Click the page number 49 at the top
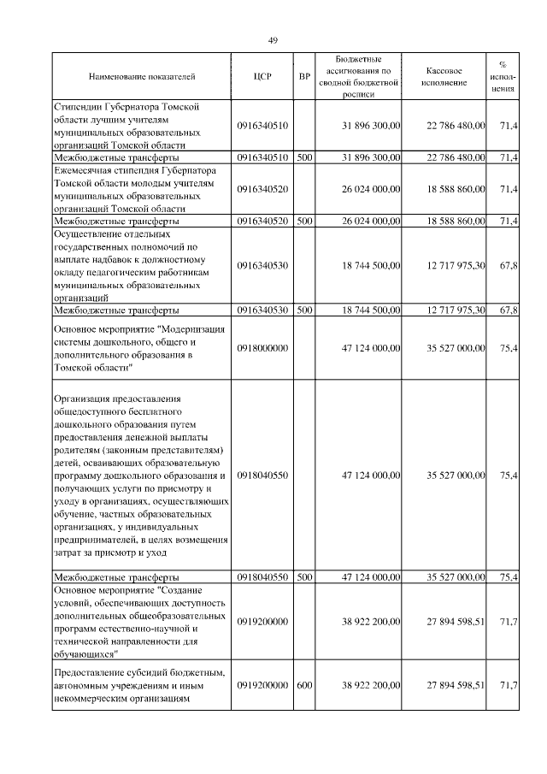[273, 40]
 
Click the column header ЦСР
[262, 76]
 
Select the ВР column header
[304, 76]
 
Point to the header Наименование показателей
[142, 76]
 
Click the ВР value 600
[304, 685]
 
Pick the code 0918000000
[262, 348]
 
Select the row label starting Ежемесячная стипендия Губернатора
[128, 189]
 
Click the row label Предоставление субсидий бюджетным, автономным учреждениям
[139, 685]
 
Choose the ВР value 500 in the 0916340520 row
[304, 221]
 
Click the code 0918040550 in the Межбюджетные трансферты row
[262, 577]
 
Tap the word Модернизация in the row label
[189, 329]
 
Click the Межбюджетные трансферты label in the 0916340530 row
[116, 310]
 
